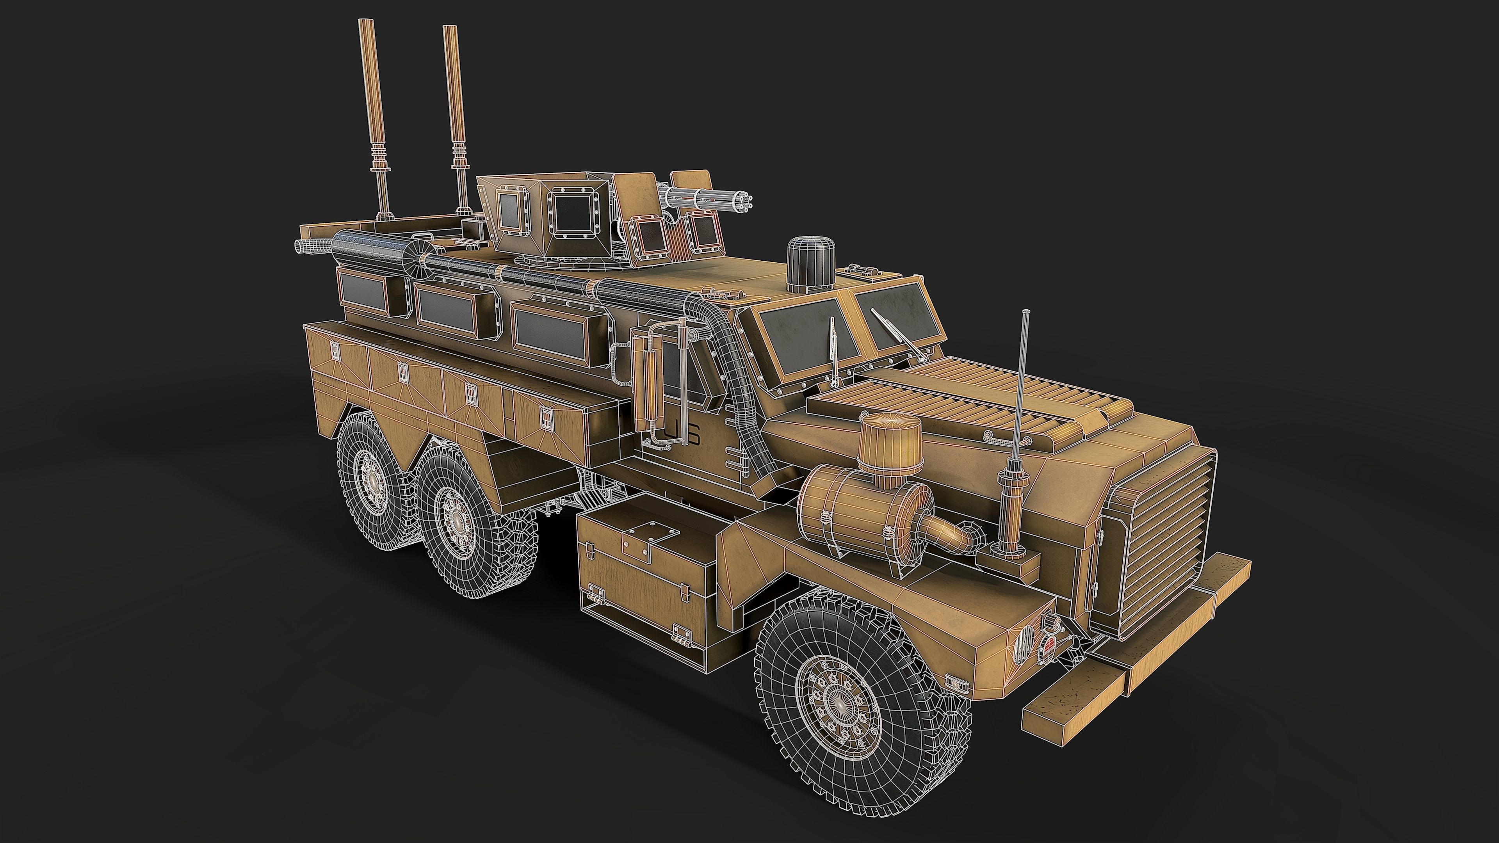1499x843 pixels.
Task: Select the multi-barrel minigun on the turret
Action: pyautogui.click(x=710, y=201)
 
